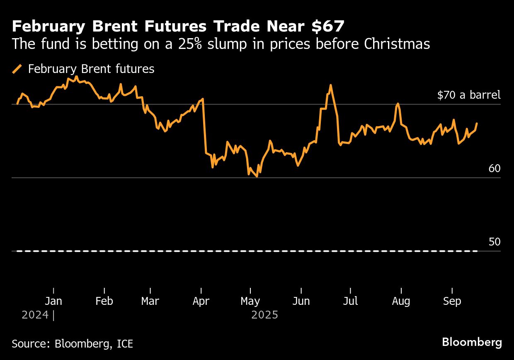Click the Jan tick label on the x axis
tap(53, 301)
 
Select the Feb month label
tap(104, 301)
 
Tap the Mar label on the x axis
tap(150, 301)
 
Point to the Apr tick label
tap(201, 301)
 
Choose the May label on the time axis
tap(250, 301)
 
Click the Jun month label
tap(301, 301)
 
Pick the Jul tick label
tap(350, 301)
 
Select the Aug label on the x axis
tap(401, 301)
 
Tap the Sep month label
tap(452, 301)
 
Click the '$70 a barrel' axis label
tap(469, 95)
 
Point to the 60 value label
tap(495, 169)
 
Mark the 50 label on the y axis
tap(495, 242)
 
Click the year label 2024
tap(35, 315)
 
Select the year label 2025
tap(264, 315)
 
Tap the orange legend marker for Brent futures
tap(17, 69)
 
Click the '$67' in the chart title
tap(328, 27)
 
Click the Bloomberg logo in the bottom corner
tap(472, 343)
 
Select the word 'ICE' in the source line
tap(125, 344)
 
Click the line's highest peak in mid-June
tap(330, 85)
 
